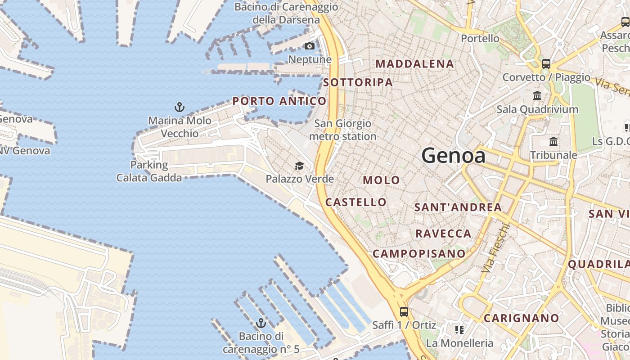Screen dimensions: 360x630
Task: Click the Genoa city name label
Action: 454,156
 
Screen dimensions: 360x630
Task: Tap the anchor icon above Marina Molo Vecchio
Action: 180,107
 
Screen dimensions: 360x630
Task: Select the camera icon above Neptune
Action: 310,46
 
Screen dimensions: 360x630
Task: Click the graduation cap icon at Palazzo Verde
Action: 299,166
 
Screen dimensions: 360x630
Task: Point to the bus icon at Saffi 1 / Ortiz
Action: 404,311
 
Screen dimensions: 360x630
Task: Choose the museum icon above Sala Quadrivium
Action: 537,96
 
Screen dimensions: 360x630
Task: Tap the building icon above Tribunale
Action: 553,142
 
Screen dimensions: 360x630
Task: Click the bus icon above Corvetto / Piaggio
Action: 546,63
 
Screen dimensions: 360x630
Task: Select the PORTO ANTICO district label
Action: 279,101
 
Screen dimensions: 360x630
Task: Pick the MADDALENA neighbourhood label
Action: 414,64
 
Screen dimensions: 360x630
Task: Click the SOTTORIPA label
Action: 358,82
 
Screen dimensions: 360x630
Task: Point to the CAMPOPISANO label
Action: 419,254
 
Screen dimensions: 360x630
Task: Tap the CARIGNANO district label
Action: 521,318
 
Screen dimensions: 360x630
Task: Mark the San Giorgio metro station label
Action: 343,130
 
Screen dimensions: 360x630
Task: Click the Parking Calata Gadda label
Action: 149,171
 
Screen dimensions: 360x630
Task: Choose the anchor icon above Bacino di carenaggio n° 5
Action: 261,323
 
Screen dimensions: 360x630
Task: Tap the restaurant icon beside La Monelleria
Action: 459,330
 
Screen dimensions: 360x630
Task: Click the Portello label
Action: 480,39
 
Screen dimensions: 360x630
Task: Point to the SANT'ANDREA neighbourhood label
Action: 458,207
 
